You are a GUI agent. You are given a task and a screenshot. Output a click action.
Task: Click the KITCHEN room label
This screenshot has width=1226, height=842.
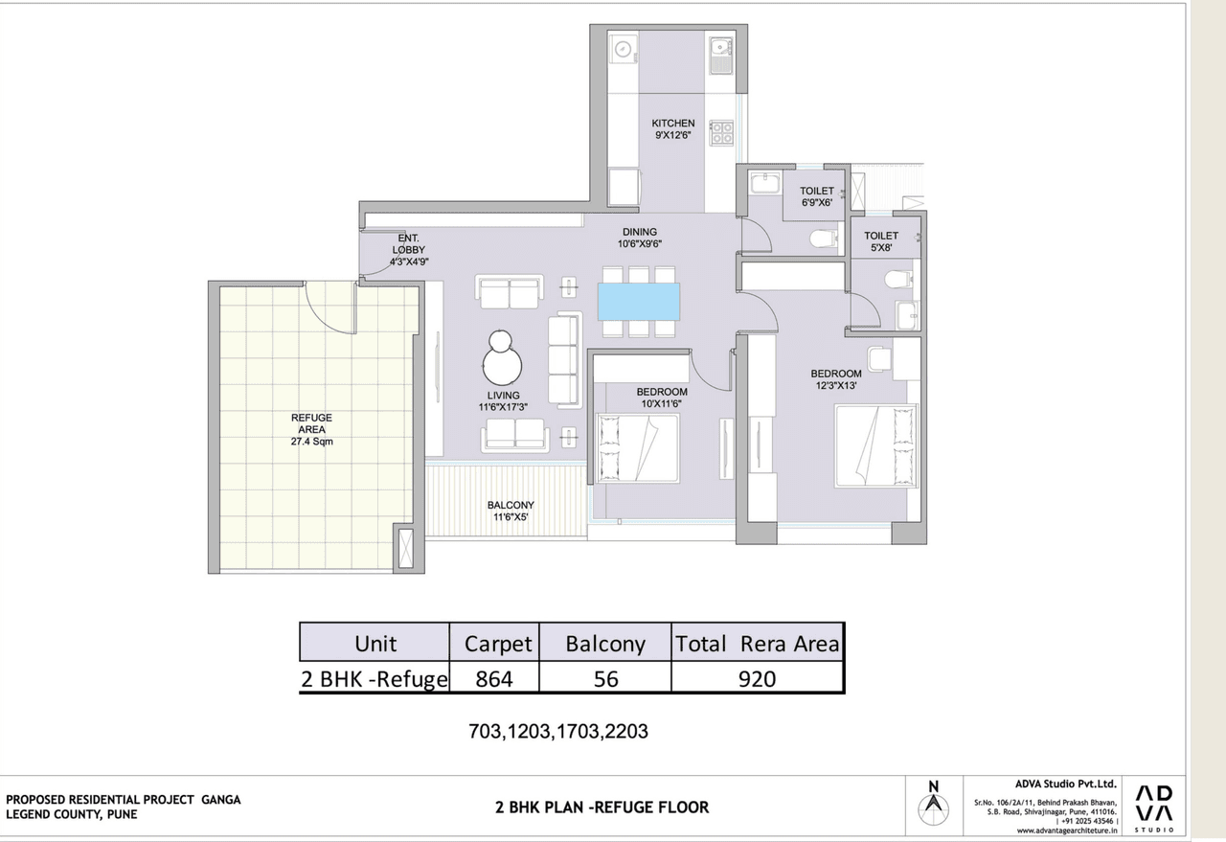pyautogui.click(x=672, y=129)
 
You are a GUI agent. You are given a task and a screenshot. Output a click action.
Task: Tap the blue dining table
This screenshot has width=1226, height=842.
pyautogui.click(x=639, y=301)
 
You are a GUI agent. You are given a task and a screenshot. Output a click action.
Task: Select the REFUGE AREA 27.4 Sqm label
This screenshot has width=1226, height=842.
pyautogui.click(x=312, y=430)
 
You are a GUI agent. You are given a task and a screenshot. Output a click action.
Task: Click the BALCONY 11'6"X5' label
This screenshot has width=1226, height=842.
pyautogui.click(x=511, y=512)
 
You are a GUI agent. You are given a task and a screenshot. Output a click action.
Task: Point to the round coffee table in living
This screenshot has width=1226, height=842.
pyautogui.click(x=502, y=364)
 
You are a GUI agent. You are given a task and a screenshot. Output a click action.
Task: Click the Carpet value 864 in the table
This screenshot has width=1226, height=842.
pyautogui.click(x=494, y=679)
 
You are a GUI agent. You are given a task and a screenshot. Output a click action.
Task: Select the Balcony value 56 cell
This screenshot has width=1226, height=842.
pyautogui.click(x=605, y=679)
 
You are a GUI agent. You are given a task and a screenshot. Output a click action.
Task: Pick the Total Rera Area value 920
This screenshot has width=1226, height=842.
pyautogui.click(x=757, y=679)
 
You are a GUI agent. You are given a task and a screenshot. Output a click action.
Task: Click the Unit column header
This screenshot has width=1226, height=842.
pyautogui.click(x=375, y=644)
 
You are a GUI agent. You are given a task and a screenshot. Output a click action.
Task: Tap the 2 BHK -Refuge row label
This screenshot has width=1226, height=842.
pyautogui.click(x=375, y=679)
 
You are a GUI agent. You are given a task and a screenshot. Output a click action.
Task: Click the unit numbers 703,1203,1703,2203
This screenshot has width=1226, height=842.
pyautogui.click(x=557, y=731)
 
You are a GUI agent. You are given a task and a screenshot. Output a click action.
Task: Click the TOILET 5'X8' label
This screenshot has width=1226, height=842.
pyautogui.click(x=881, y=241)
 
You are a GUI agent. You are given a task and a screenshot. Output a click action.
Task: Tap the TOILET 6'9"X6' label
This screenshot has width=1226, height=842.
pyautogui.click(x=817, y=196)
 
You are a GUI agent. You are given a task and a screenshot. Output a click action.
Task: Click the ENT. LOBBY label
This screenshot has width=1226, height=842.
pyautogui.click(x=408, y=248)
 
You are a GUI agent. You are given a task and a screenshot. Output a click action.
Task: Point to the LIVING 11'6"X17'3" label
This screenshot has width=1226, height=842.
pyautogui.click(x=503, y=400)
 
